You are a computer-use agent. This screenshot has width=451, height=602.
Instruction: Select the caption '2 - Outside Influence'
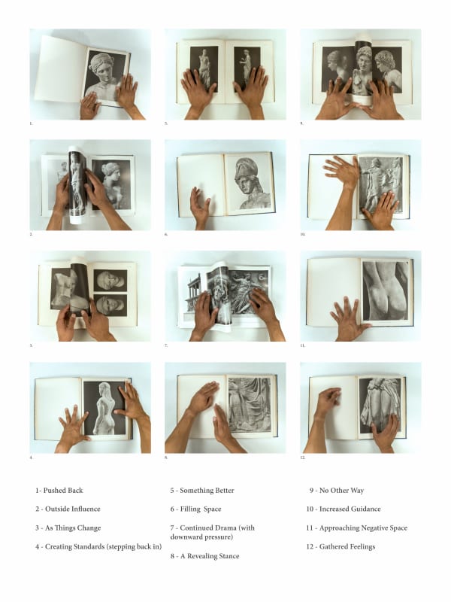68,509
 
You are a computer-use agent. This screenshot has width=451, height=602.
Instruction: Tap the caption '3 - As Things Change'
68,528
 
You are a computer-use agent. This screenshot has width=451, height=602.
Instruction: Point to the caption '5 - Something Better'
202,491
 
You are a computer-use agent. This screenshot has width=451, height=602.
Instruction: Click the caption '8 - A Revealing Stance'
204,556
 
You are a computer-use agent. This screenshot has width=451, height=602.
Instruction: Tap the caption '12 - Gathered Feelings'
342,547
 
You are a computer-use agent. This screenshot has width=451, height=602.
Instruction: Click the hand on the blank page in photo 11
347,318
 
